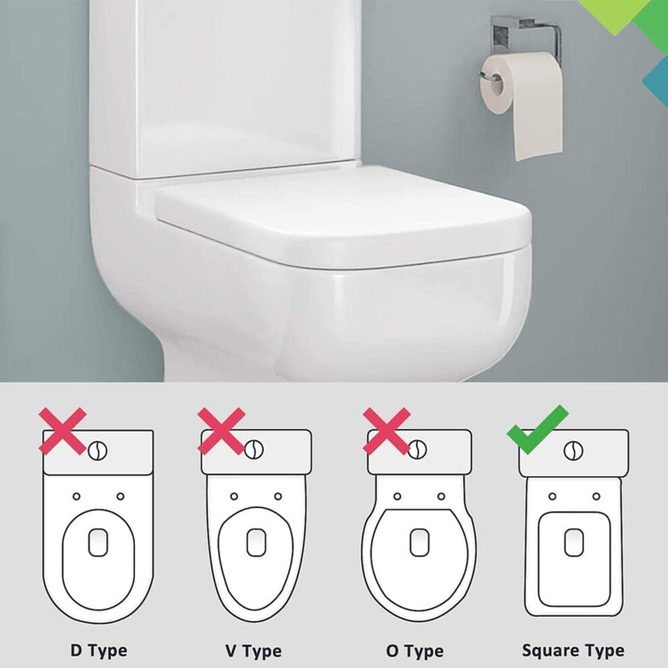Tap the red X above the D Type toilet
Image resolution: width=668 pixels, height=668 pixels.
(63, 430)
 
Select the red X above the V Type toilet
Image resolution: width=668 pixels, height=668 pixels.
(221, 430)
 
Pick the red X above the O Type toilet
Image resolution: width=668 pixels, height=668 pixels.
(387, 430)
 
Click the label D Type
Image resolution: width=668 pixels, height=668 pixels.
(99, 650)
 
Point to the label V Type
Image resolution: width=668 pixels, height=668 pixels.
(254, 651)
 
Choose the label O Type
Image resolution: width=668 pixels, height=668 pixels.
(415, 651)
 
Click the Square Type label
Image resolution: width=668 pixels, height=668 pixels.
(574, 650)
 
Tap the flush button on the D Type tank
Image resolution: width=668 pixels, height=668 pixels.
(98, 451)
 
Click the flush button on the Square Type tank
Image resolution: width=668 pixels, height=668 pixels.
(574, 450)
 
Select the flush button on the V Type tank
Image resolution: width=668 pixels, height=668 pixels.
(254, 450)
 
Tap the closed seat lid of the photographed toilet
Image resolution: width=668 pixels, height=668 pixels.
(343, 217)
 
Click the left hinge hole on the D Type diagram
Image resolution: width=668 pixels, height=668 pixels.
(77, 497)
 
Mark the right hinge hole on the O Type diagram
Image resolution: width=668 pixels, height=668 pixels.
(441, 497)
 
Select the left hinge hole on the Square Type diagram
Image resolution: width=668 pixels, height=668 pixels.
(553, 497)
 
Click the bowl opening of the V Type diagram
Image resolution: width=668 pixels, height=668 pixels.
(256, 542)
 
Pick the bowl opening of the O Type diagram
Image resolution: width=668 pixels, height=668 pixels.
(420, 542)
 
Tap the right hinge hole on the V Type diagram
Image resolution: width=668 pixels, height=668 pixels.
(278, 497)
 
